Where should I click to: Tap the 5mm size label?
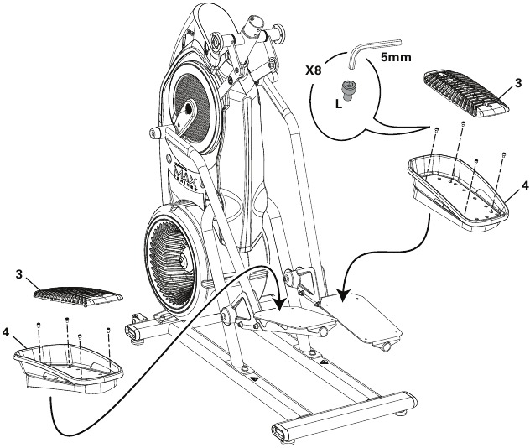coord(395,60)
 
